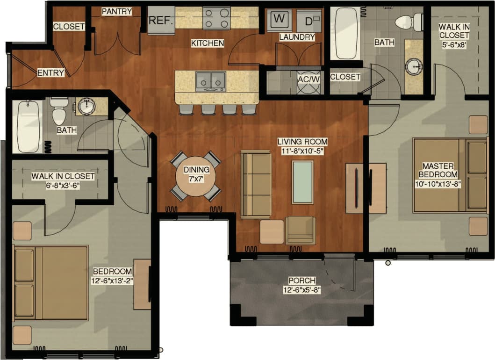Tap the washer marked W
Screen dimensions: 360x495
[279, 20]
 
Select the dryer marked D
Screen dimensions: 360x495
[309, 21]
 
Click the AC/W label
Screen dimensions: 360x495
[309, 79]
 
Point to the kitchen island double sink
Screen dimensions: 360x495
[211, 81]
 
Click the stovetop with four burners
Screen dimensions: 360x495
[216, 18]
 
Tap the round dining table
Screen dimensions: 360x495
[195, 176]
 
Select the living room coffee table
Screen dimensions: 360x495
[302, 182]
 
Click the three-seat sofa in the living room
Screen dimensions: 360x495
[256, 184]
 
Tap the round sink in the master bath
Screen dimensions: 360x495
[414, 67]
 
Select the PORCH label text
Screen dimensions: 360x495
[301, 281]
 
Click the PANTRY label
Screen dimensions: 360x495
[117, 11]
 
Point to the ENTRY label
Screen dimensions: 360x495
[50, 72]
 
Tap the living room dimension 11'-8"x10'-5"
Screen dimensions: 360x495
[302, 151]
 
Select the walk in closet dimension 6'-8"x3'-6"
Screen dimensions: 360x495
[63, 185]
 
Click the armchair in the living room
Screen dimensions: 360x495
[300, 230]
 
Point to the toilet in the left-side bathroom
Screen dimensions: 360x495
[59, 113]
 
